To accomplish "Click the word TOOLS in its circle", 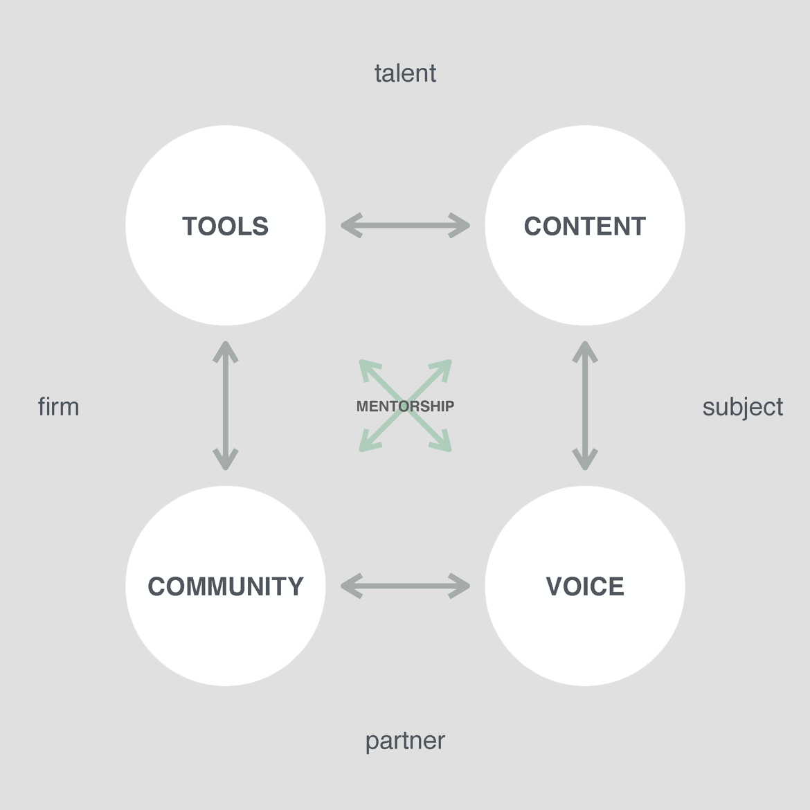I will pos(225,226).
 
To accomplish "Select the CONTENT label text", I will pos(584,226).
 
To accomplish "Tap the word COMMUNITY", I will pos(225,586).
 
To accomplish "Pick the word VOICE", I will pos(584,586).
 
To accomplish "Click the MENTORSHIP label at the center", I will pos(405,406).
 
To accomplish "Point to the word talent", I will pos(405,73).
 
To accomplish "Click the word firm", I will pos(58,407).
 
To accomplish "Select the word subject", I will pos(742,407).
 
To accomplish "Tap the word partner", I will pos(405,741).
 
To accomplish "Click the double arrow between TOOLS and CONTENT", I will pos(405,226).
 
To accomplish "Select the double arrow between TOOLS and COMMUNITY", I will pos(226,406).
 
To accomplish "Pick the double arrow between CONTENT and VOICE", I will pos(585,406).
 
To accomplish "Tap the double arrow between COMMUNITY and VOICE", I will pos(405,586).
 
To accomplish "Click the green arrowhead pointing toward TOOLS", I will pos(367,368).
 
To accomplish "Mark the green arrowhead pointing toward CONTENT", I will pos(444,368).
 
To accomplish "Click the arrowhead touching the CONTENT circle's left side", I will pos(460,226).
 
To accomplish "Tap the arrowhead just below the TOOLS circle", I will pos(226,350).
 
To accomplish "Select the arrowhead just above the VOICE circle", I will pos(585,460).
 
